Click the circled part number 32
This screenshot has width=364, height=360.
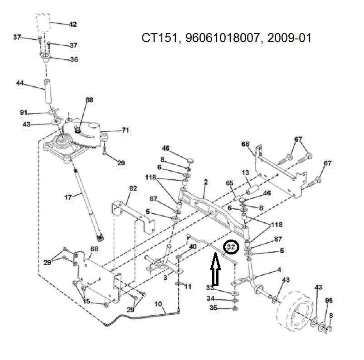click(x=232, y=247)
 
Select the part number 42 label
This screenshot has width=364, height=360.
click(x=73, y=24)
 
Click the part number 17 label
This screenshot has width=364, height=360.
click(x=68, y=197)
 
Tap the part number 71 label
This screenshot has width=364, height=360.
click(x=125, y=130)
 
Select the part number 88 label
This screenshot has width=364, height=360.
click(x=89, y=100)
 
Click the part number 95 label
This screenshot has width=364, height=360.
click(x=329, y=300)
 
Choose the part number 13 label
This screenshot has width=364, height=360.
click(x=245, y=173)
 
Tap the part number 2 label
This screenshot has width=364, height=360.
click(x=206, y=182)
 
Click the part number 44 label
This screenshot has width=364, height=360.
click(x=19, y=83)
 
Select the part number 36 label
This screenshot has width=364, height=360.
click(x=73, y=59)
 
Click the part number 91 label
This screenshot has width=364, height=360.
click(x=24, y=112)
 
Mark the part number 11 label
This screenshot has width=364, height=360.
click(x=188, y=286)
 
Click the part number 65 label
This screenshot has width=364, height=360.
click(x=229, y=183)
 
